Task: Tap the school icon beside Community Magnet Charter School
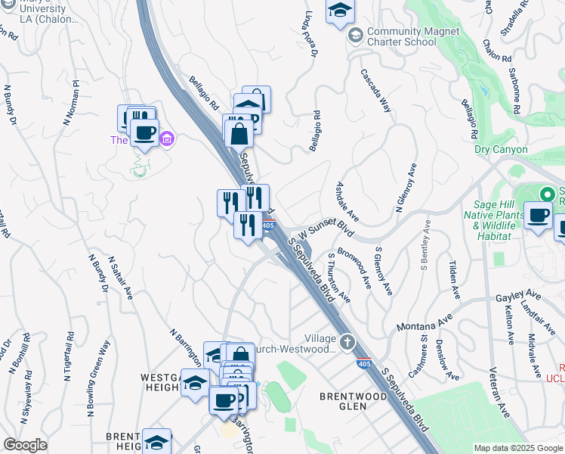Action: pos(354,36)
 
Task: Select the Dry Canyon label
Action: pos(501,149)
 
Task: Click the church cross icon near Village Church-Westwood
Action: pos(347,342)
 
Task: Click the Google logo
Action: pos(25,445)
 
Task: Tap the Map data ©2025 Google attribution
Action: pos(518,448)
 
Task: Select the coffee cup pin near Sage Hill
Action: pos(538,215)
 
